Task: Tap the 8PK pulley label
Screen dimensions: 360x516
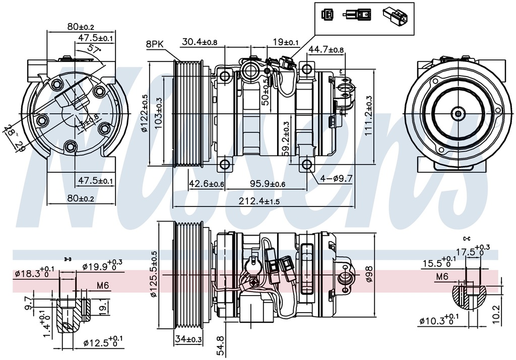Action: [155, 44]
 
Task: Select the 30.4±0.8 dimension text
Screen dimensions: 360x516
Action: [200, 42]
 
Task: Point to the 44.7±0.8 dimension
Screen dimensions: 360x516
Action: [326, 49]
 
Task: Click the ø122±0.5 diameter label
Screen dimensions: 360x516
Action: [144, 113]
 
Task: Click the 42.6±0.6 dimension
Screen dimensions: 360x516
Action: [207, 184]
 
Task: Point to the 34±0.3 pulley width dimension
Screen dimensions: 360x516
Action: [188, 340]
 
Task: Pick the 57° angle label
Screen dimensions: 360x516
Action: [94, 49]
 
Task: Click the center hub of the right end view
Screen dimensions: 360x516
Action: [458, 113]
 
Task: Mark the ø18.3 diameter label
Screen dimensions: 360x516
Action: [34, 274]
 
